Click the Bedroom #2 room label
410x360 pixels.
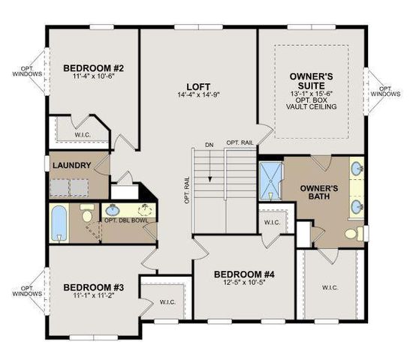click(93, 68)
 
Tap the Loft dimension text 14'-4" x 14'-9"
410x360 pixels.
click(198, 94)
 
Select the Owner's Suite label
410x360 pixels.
click(311, 81)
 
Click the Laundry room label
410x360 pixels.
click(72, 165)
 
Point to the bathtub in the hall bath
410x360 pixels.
click(59, 223)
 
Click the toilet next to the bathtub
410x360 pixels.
click(87, 213)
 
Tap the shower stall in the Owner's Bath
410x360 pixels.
click(270, 181)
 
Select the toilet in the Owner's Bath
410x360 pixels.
click(354, 233)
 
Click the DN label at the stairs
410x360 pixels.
click(210, 145)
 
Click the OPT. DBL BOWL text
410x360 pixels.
click(126, 220)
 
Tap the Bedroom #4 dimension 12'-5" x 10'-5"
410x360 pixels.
click(244, 282)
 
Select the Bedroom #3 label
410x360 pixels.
click(93, 287)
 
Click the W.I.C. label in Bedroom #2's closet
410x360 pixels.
click(83, 135)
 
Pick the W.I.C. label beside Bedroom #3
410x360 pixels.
click(167, 302)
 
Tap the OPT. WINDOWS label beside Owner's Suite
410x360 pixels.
click(386, 91)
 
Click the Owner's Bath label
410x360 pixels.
click(319, 192)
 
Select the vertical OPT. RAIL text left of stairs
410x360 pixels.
click(187, 190)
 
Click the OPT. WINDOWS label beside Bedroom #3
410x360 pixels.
click(27, 291)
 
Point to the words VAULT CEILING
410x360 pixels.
click(311, 106)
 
